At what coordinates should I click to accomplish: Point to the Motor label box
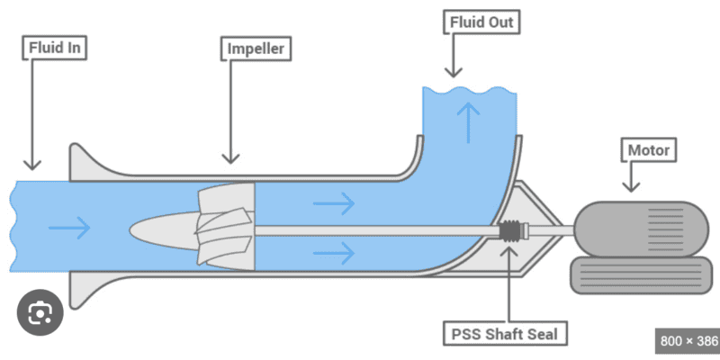(x=648, y=149)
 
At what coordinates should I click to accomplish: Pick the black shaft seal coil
(x=511, y=231)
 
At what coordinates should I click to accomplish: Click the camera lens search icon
(x=40, y=313)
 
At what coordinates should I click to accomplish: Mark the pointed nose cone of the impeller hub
(x=144, y=228)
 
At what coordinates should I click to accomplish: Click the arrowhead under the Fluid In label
(x=31, y=164)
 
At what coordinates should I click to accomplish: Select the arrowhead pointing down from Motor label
(x=631, y=186)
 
